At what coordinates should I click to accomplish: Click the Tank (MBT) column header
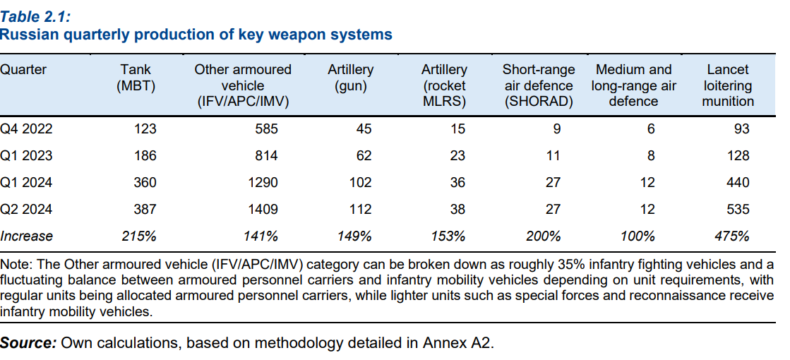[136, 78]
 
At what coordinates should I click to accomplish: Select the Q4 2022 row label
[26, 128]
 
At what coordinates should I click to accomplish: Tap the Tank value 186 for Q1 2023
[144, 155]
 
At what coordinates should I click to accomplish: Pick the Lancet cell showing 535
[737, 209]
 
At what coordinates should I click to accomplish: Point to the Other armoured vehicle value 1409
[263, 209]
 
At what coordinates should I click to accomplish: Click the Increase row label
[27, 236]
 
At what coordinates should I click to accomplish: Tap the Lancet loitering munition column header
[727, 85]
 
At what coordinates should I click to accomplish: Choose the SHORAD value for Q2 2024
[553, 209]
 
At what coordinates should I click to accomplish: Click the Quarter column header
[23, 70]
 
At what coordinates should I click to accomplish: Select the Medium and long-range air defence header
[633, 85]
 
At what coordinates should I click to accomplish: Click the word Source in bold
[28, 343]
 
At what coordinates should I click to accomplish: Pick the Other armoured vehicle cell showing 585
[267, 128]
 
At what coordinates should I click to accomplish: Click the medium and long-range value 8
[650, 155]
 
